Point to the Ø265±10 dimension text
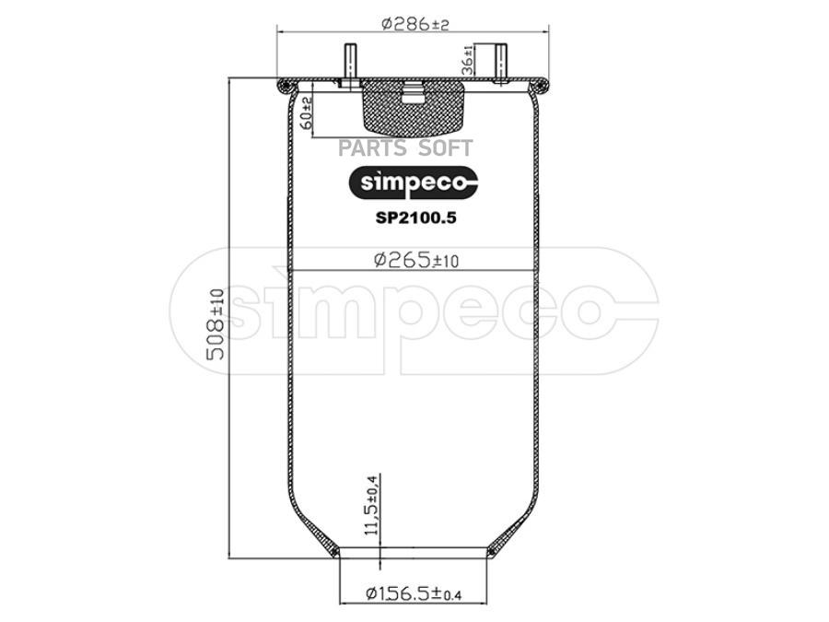click(415, 260)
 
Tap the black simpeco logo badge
click(412, 182)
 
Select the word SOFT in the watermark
click(447, 147)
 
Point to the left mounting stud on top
click(352, 64)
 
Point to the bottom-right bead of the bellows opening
click(496, 552)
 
